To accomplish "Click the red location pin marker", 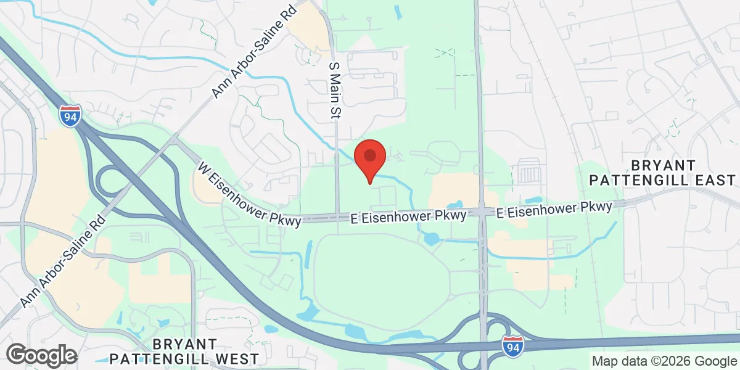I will pyautogui.click(x=370, y=157).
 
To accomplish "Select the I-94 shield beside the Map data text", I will pyautogui.click(x=513, y=347).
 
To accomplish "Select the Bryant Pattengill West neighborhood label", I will pyautogui.click(x=184, y=351).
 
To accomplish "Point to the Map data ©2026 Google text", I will pyautogui.click(x=665, y=361).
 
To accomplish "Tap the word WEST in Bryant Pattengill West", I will pyautogui.click(x=236, y=358).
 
